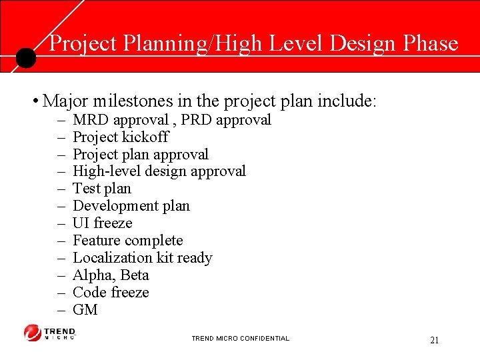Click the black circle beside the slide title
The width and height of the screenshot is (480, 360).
tap(25, 58)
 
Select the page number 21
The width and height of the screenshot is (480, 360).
tap(434, 340)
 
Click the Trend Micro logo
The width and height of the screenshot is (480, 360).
tap(50, 333)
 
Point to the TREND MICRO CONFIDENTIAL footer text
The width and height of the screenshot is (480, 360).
tap(240, 339)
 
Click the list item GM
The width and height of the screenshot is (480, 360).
tap(85, 310)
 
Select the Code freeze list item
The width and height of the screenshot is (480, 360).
tap(111, 293)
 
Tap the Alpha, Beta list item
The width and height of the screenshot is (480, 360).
tap(111, 275)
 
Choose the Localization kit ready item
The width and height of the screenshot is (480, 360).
tap(142, 258)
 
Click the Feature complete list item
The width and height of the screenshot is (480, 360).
tap(127, 241)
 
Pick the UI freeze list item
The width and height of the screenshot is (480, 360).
tap(102, 223)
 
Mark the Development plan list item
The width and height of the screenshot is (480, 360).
tap(131, 206)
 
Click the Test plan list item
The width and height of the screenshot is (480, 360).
tap(101, 189)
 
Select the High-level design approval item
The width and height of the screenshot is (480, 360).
tap(159, 171)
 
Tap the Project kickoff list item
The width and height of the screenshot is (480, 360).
tap(120, 137)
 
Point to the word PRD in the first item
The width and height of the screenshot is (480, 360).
tap(197, 120)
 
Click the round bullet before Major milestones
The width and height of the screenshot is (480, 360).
tap(34, 102)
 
